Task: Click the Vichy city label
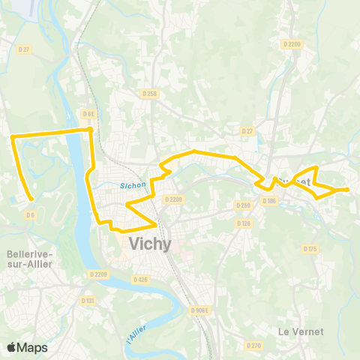coord(150,244)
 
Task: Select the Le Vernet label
coord(300,331)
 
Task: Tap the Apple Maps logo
coord(26,347)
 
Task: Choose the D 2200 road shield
coord(292,44)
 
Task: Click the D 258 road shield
coord(149,94)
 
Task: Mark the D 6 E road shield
coord(88,114)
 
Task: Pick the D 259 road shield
coord(242,205)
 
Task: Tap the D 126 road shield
coord(242,223)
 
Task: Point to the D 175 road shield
coord(311,248)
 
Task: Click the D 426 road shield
coord(140,279)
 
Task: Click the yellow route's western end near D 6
coord(32,199)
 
